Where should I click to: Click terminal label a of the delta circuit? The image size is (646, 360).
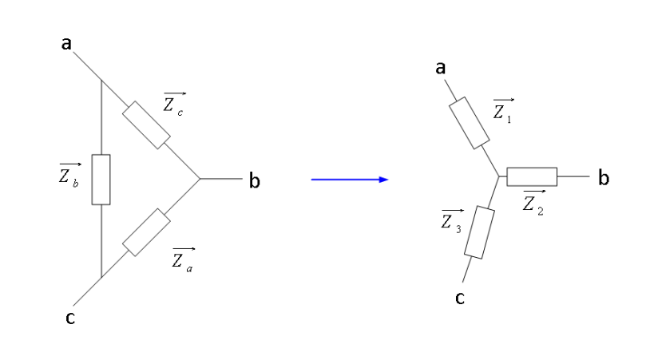[x=66, y=43]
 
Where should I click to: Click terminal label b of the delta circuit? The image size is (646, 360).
[x=254, y=180]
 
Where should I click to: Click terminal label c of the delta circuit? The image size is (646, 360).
[x=70, y=318]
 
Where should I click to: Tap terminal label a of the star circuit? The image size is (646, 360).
[x=441, y=68]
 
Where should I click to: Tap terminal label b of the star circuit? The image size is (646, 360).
[x=603, y=178]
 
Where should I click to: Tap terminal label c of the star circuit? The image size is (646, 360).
[x=460, y=298]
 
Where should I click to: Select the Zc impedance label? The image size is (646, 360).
[x=174, y=105]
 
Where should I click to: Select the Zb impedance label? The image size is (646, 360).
[x=69, y=175]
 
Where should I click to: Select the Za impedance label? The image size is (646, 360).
[x=183, y=260]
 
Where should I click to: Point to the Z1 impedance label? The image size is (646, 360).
[x=503, y=111]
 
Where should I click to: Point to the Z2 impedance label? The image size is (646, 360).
[x=534, y=203]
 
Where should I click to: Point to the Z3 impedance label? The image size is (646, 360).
[x=452, y=222]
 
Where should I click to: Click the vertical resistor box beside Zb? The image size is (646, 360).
[x=101, y=180]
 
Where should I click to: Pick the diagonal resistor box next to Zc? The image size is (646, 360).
[x=146, y=125]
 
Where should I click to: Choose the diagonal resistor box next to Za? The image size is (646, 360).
[x=146, y=232]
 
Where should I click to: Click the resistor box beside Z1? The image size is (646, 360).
[x=469, y=123]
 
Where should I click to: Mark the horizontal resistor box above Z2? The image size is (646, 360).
[x=532, y=176]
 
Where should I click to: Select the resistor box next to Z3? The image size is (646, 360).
[x=480, y=232]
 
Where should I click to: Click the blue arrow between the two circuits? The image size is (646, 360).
[x=350, y=180]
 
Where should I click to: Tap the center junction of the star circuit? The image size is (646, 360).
[x=499, y=176]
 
